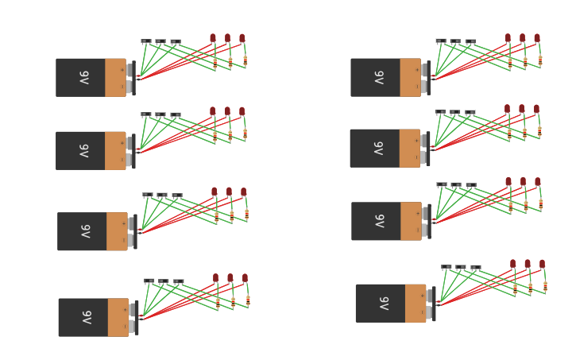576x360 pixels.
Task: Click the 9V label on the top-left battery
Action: tap(83, 77)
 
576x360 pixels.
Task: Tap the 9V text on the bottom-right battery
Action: tap(383, 303)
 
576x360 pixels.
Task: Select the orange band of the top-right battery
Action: tap(410, 77)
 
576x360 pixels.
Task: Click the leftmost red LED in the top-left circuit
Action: tap(213, 37)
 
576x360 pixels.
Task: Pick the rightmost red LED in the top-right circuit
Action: tap(537, 37)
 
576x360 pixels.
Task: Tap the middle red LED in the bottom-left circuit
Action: tap(230, 278)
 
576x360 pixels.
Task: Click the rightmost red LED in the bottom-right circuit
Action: tap(543, 263)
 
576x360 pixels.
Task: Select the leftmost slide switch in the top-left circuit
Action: tap(145, 41)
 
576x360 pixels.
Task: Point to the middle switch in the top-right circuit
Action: tap(455, 41)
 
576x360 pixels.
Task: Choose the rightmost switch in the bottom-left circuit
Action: tap(179, 281)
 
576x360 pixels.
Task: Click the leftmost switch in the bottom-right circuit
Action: tap(446, 268)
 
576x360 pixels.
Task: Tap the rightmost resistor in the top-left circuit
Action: tap(245, 60)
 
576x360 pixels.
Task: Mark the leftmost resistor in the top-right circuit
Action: tap(510, 60)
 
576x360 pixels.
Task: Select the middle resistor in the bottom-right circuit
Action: tap(530, 288)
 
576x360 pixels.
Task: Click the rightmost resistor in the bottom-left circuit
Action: tap(248, 300)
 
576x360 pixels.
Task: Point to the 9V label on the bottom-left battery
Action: tap(86, 317)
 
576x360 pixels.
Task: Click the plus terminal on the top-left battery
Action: tap(129, 69)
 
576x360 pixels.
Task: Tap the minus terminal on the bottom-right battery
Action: tap(429, 312)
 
